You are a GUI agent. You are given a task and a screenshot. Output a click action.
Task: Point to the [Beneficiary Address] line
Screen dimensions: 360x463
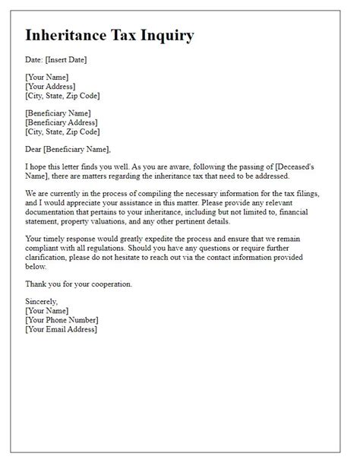point(65,122)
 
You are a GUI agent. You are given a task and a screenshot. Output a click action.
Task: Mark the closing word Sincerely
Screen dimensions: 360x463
point(43,302)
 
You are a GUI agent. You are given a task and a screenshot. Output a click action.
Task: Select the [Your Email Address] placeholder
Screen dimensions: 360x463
point(62,329)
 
